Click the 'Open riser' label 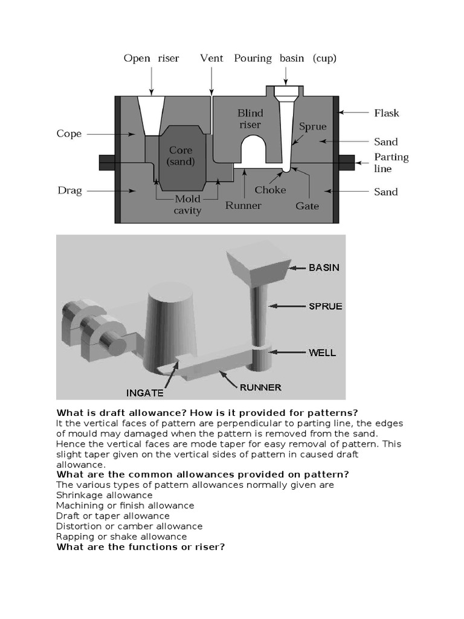pos(151,59)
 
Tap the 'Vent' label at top pos(211,59)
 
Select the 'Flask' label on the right pos(386,113)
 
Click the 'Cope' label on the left pos(69,134)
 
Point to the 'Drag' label pos(69,191)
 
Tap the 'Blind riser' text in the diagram pos(250,119)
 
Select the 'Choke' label pos(270,190)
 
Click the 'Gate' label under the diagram pos(307,206)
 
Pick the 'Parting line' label pos(391,163)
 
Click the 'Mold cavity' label pos(187,205)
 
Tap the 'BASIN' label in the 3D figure pos(324,267)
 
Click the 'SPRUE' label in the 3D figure pos(325,306)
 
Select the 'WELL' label pos(323,352)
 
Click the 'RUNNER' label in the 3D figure pos(260,387)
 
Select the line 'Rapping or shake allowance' pos(121,536)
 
